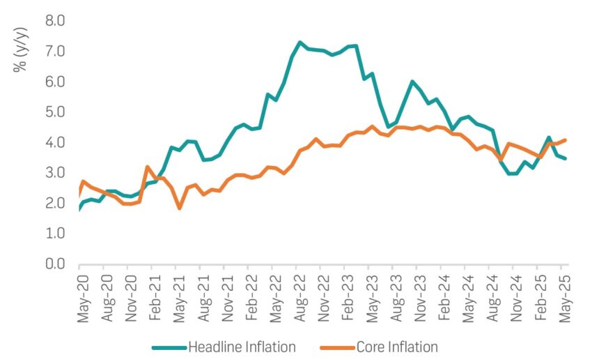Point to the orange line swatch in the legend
coord(337,347)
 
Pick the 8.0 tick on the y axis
coord(55,21)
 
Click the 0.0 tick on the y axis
coord(55,264)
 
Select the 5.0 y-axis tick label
coord(55,112)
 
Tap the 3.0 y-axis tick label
coord(55,173)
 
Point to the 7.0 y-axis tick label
coord(55,52)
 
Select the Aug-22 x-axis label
coord(297,296)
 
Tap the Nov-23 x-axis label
coord(418,296)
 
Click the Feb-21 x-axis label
coord(153,296)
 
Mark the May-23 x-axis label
coord(370,296)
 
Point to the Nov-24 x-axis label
coord(515,296)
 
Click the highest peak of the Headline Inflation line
coord(300,43)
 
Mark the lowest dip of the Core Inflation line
coord(179,208)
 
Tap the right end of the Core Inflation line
coord(566,139)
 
